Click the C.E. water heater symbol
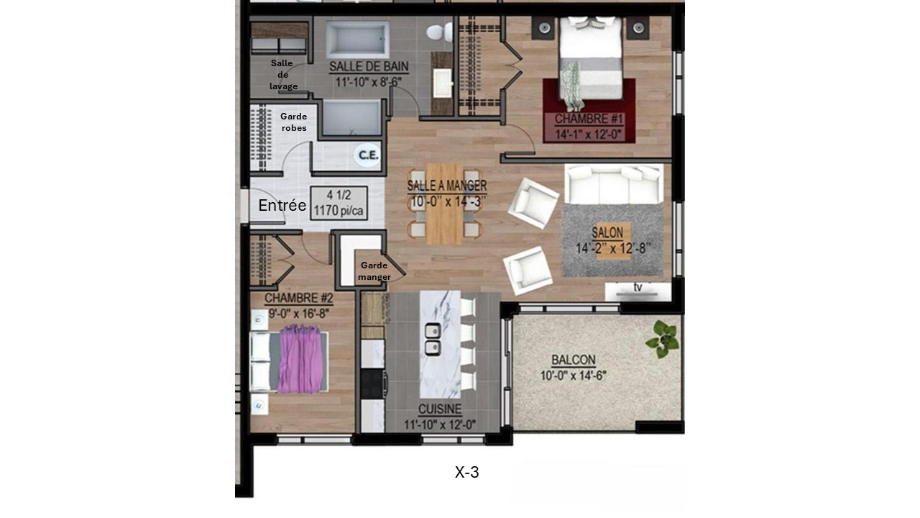[369, 155]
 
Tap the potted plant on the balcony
[663, 338]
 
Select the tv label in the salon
[637, 288]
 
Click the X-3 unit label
[467, 473]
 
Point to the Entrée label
[282, 206]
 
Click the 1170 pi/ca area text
[339, 210]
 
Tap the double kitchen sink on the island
[433, 340]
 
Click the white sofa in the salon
[613, 184]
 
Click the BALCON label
[573, 360]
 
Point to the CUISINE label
[439, 409]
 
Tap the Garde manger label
[374, 271]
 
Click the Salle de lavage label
[282, 75]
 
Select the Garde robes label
[293, 122]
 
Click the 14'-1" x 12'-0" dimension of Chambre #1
[589, 133]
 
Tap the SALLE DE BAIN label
[369, 67]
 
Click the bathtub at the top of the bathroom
[357, 39]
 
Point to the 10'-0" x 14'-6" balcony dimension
[573, 375]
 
